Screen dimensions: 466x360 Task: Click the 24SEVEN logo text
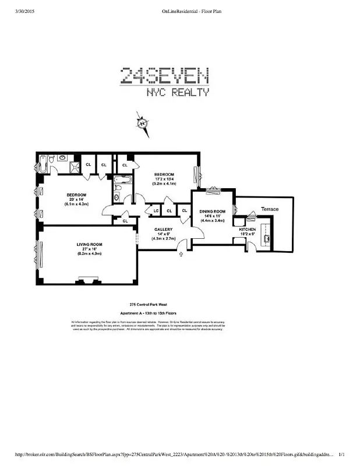(x=165, y=76)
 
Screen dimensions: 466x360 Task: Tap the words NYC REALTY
(x=177, y=92)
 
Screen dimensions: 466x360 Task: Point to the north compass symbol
(x=142, y=123)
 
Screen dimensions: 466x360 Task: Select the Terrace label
(x=269, y=209)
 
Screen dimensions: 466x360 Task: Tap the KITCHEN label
(x=248, y=230)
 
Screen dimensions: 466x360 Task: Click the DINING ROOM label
(x=212, y=211)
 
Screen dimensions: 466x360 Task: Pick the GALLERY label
(x=163, y=230)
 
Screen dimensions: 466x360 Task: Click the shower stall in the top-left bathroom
(x=72, y=167)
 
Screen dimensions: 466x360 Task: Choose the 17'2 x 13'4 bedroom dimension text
(x=164, y=179)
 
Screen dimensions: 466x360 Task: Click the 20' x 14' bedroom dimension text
(x=76, y=200)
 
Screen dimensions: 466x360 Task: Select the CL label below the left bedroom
(x=125, y=221)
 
